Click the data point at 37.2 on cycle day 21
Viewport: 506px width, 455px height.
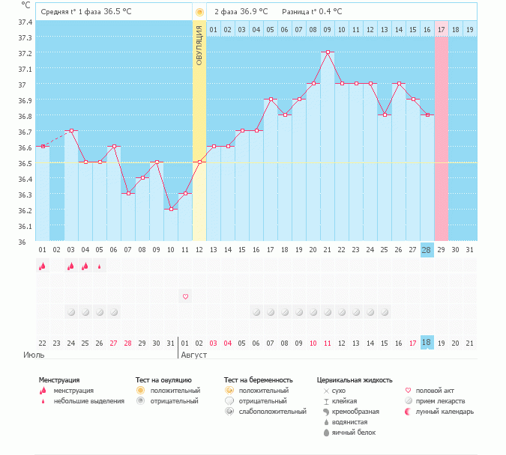328,52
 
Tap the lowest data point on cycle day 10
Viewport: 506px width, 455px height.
171,210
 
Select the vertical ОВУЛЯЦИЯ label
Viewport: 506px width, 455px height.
199,45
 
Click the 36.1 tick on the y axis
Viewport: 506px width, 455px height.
25,226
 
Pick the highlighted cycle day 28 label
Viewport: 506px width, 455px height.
427,249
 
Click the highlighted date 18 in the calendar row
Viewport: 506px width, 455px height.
427,342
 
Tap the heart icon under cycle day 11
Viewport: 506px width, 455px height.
185,296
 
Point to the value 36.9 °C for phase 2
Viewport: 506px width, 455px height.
256,12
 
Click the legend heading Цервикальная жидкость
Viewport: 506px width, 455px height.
355,380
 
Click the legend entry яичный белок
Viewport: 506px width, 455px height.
350,433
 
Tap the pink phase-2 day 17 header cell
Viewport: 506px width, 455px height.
441,30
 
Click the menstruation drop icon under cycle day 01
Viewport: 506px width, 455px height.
43,266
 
